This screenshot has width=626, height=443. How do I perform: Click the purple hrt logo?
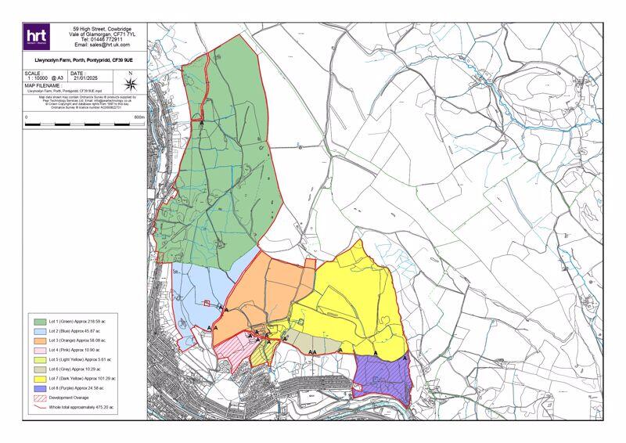pos(37,36)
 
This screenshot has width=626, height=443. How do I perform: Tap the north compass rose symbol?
pos(130,82)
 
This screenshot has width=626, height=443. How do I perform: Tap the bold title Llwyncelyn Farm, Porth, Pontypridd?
pos(84,59)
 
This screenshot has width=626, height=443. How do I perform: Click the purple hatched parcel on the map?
pos(381,376)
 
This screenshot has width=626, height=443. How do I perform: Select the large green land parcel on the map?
pos(223,172)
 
